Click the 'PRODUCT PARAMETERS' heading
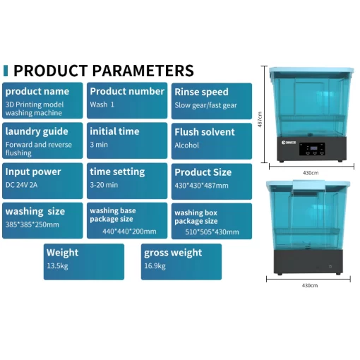coord(104,71)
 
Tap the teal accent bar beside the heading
coord(6,71)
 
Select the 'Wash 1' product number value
coord(102,104)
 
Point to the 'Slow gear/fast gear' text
coord(205,105)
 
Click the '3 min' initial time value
coord(99,145)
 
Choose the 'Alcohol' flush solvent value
coord(186,145)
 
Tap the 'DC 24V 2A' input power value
coord(21,185)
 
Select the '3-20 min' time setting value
coord(104,185)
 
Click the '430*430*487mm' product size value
coord(201,186)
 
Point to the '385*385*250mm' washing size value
coord(32,224)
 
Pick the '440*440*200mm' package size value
coord(129,232)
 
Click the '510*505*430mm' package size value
coord(212,232)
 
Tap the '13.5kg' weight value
coord(57,266)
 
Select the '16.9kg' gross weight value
coord(155,266)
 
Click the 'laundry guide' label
coord(37,131)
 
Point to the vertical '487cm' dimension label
coord(260,119)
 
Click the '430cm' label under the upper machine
coord(311,173)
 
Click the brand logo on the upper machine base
coord(289,143)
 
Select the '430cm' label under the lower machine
coord(310,285)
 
